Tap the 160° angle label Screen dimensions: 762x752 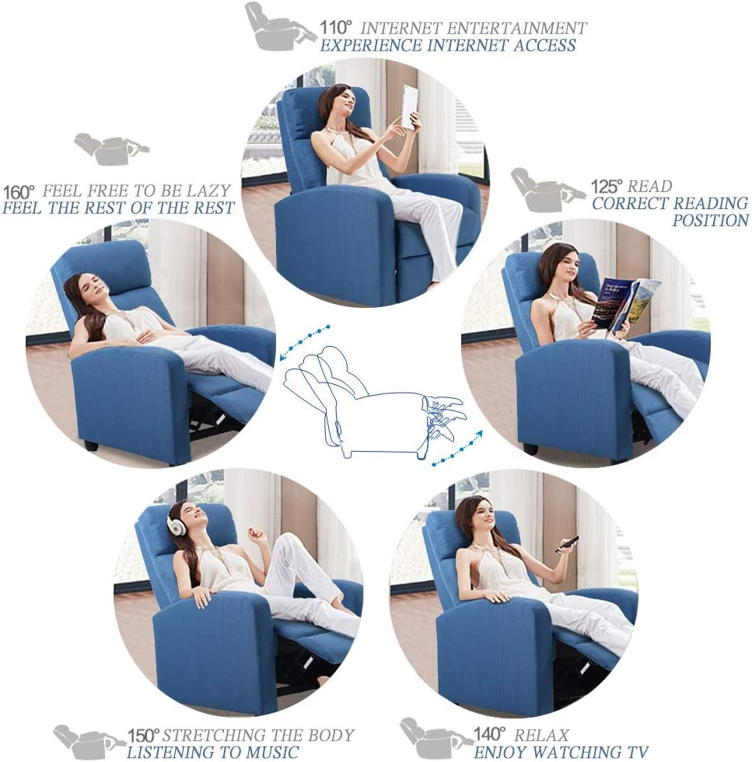click(19, 191)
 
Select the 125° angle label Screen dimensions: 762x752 click(607, 187)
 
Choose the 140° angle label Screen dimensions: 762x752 click(490, 734)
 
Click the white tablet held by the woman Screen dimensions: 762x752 click(409, 106)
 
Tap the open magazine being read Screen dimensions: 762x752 click(625, 303)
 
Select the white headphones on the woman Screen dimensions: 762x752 click(177, 526)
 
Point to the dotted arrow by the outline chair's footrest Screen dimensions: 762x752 click(457, 449)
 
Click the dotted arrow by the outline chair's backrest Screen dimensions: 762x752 click(304, 341)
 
